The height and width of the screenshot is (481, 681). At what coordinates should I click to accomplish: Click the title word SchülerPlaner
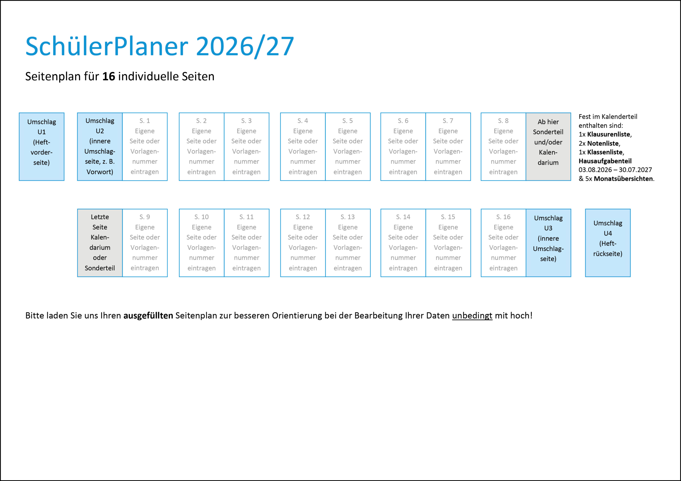coord(107,46)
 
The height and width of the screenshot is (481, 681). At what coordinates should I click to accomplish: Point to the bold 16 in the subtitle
coord(109,77)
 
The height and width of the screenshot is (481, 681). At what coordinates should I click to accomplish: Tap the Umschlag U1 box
coord(41,146)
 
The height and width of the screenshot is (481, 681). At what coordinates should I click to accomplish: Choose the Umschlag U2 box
coord(100,146)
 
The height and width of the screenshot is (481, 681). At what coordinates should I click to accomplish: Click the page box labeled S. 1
coord(145,146)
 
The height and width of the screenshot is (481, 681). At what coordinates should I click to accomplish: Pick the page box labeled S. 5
coord(348,146)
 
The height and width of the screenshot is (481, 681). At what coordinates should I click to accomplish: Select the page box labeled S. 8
coord(503,146)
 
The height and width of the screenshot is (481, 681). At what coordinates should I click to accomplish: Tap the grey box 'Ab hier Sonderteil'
coord(548,146)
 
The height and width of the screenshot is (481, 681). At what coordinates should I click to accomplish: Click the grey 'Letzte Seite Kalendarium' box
coord(100,243)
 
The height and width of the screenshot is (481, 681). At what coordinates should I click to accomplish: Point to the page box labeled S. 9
coord(145,243)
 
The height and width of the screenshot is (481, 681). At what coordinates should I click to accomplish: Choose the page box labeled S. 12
coord(302,243)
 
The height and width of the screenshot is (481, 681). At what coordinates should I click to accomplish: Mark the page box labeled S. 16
coord(503,243)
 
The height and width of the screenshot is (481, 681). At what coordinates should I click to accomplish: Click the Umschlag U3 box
coord(548,243)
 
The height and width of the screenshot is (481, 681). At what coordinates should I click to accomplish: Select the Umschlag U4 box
coord(608,243)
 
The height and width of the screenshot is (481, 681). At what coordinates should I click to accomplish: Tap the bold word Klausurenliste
coord(609,134)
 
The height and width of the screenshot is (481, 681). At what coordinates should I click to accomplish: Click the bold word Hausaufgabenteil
coord(605,161)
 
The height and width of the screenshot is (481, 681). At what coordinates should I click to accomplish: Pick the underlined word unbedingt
coord(472,315)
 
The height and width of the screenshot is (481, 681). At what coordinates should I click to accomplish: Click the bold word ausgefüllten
coord(148,315)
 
